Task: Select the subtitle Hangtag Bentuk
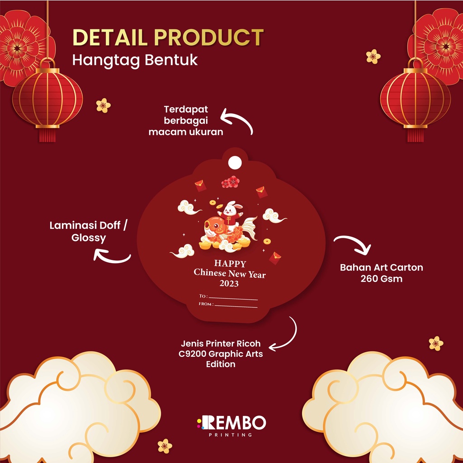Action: tap(135, 60)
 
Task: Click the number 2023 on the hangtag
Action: tap(229, 284)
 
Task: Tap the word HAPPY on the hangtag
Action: tap(230, 264)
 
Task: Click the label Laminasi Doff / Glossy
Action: tap(88, 231)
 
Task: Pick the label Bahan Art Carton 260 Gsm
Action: tap(382, 273)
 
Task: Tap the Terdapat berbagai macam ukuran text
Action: tap(194, 121)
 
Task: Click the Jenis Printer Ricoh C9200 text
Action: tap(221, 354)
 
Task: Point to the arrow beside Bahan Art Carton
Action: tap(353, 245)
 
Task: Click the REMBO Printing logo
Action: tap(231, 425)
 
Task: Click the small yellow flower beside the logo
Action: tap(165, 446)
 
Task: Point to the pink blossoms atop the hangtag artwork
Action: tap(230, 182)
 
